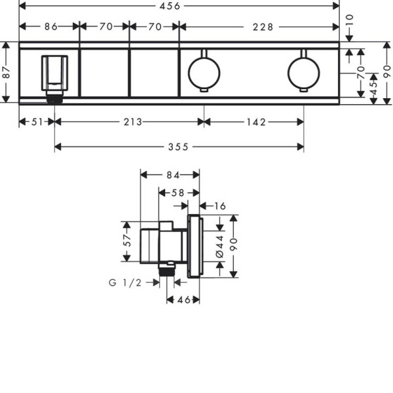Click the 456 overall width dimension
click(170, 6)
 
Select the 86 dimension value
click(51, 27)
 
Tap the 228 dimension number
click(263, 27)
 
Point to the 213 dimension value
click(133, 122)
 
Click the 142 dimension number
click(256, 122)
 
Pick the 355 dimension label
click(178, 147)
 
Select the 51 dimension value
click(37, 122)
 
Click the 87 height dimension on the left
click(7, 72)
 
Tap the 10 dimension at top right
click(349, 20)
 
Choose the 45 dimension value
click(373, 88)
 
